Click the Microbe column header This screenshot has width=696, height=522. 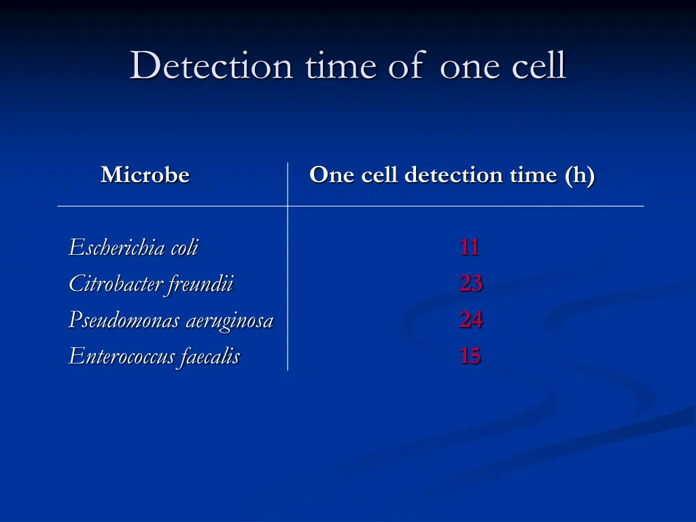pyautogui.click(x=145, y=175)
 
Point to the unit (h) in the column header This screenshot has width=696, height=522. pyautogui.click(x=579, y=175)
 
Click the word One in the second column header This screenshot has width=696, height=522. pyautogui.click(x=332, y=175)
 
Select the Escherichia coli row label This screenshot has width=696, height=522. pyautogui.click(x=133, y=247)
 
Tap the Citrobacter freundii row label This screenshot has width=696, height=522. pyautogui.click(x=150, y=283)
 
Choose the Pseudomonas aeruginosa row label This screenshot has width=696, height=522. pyautogui.click(x=171, y=319)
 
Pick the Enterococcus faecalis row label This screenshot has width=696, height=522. pyautogui.click(x=154, y=355)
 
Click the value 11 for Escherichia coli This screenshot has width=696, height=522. pyautogui.click(x=469, y=247)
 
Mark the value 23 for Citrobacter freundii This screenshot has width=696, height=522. pyautogui.click(x=470, y=283)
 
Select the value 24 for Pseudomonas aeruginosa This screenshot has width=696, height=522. pyautogui.click(x=470, y=319)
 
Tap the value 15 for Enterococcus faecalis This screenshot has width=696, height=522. pyautogui.click(x=470, y=355)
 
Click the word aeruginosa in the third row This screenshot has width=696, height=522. pyautogui.click(x=229, y=319)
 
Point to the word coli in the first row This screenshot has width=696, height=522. pyautogui.click(x=184, y=247)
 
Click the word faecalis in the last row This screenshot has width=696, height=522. pyautogui.click(x=210, y=355)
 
